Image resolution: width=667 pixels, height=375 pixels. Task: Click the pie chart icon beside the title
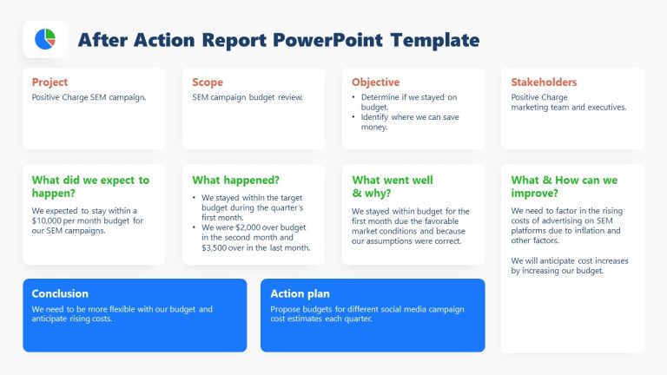44,39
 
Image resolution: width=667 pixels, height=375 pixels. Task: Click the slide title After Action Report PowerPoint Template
278,40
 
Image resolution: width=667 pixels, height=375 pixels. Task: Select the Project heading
50,82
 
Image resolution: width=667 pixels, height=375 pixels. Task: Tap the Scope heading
208,82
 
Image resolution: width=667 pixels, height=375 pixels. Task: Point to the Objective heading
376,82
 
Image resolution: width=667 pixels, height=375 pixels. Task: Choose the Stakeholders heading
544,82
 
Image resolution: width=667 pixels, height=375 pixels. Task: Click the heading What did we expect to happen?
90,187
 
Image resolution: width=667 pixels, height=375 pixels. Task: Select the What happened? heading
235,181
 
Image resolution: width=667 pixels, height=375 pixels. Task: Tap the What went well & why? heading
392,187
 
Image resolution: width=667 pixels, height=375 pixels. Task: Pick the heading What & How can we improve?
565,187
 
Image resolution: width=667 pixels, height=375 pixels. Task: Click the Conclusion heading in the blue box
60,293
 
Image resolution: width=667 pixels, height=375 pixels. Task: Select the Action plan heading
300,293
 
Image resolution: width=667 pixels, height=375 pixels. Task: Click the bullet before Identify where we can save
355,116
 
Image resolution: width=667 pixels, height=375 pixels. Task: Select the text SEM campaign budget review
248,97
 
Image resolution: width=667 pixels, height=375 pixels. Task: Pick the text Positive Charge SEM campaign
89,97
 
